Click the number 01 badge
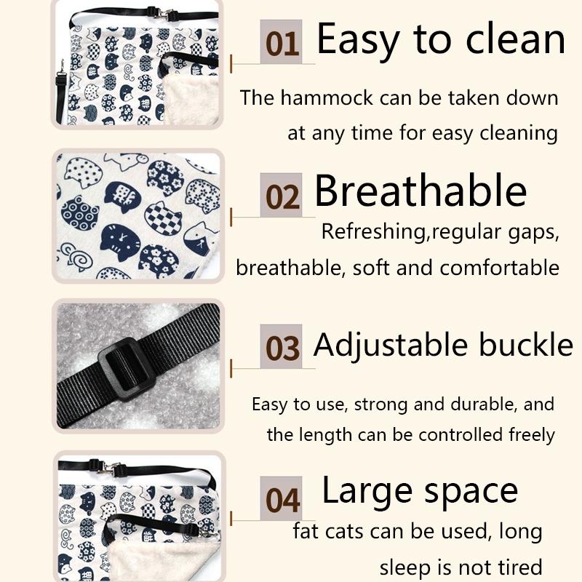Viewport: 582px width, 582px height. click(x=281, y=42)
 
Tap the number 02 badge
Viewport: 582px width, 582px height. click(x=281, y=195)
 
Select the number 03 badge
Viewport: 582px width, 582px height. click(x=281, y=346)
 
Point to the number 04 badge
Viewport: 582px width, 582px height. click(x=281, y=498)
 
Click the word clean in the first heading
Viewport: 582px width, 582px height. click(x=516, y=39)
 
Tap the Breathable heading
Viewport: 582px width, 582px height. click(x=420, y=191)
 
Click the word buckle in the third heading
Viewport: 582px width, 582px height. click(x=526, y=344)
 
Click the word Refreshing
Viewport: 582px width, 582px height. click(x=373, y=233)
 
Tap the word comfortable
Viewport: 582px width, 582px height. click(x=500, y=268)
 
